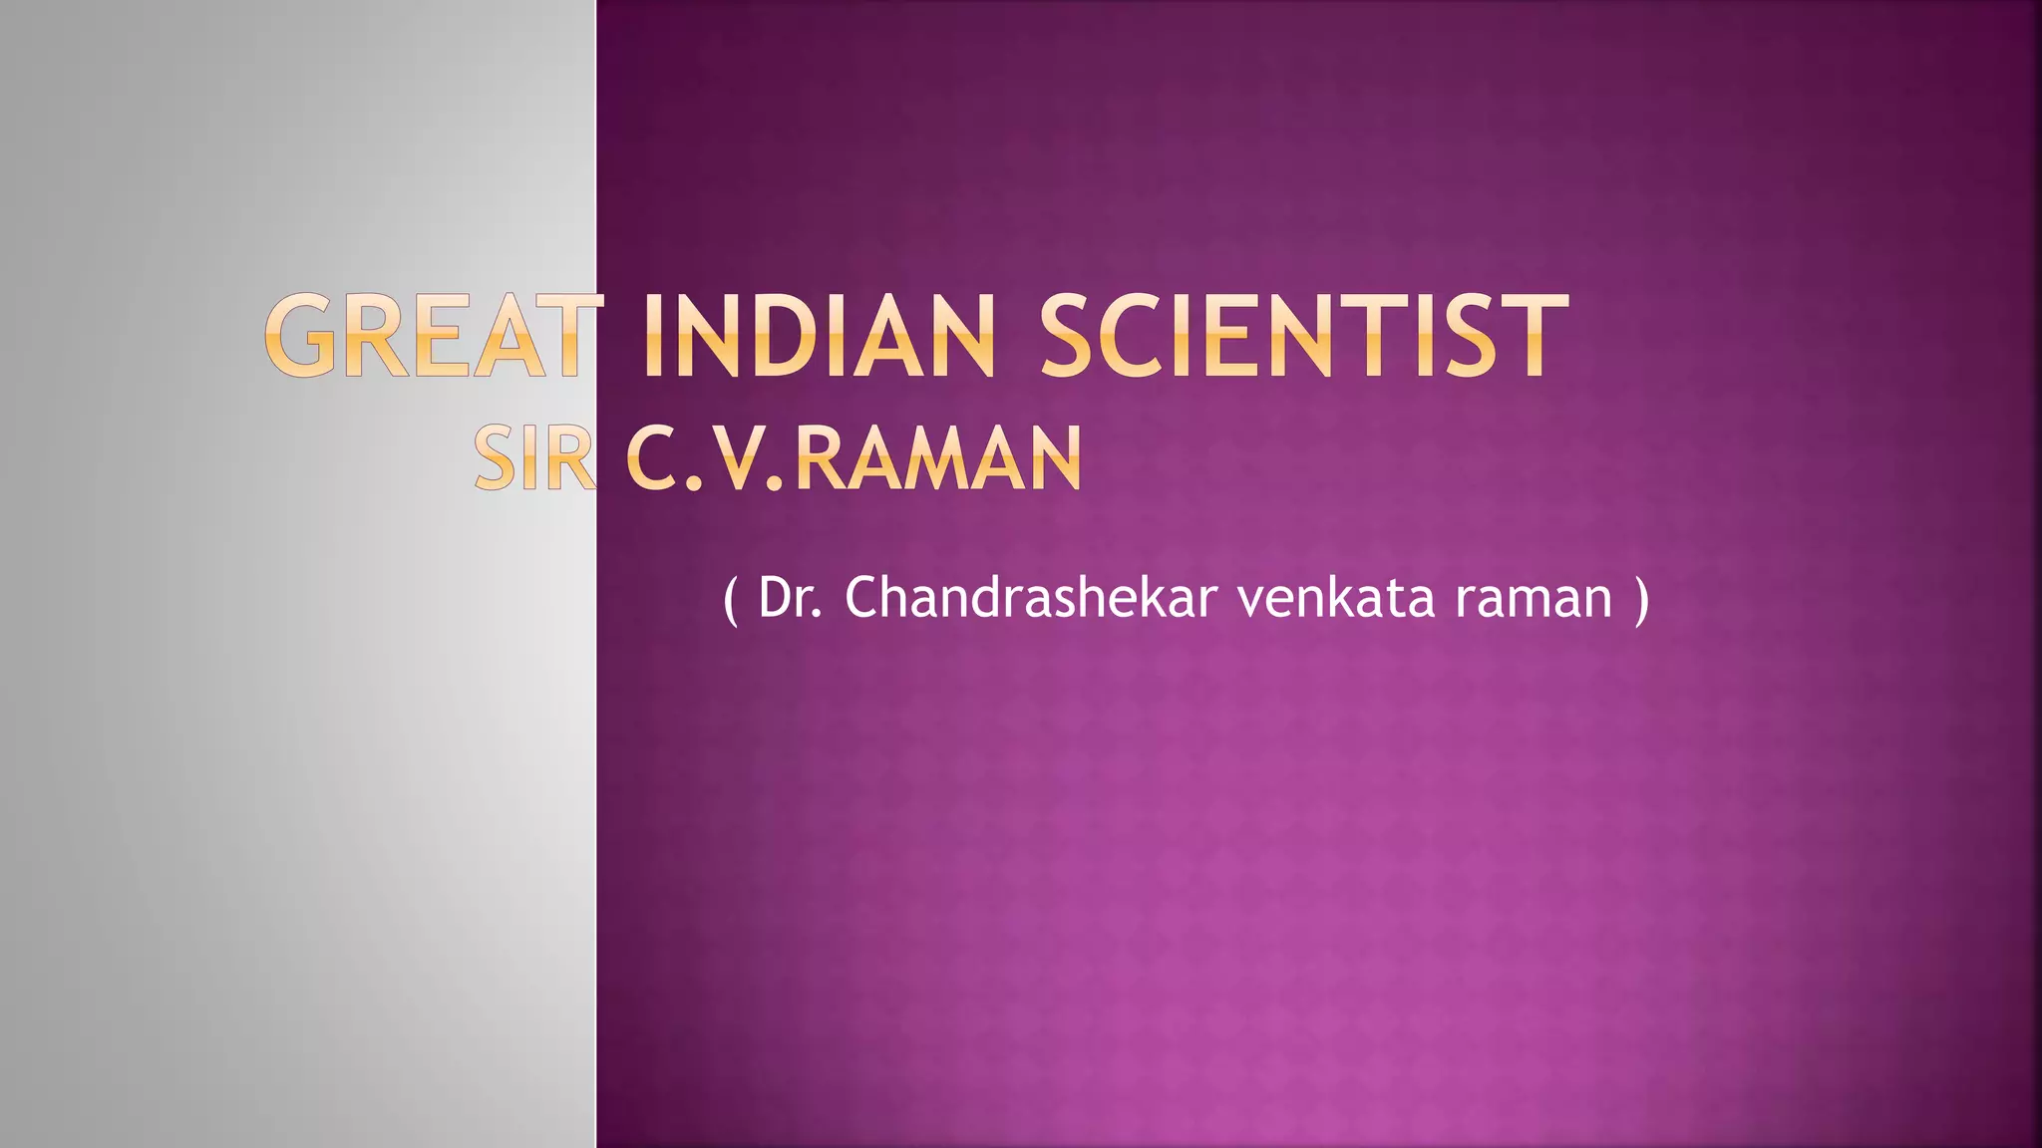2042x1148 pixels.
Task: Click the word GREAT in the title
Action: click(435, 336)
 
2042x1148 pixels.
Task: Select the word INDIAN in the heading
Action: click(820, 336)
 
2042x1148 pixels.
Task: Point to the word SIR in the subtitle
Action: click(534, 459)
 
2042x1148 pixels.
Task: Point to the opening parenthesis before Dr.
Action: click(731, 600)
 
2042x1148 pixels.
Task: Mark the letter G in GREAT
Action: click(300, 336)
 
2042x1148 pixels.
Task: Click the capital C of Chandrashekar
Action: click(861, 598)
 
